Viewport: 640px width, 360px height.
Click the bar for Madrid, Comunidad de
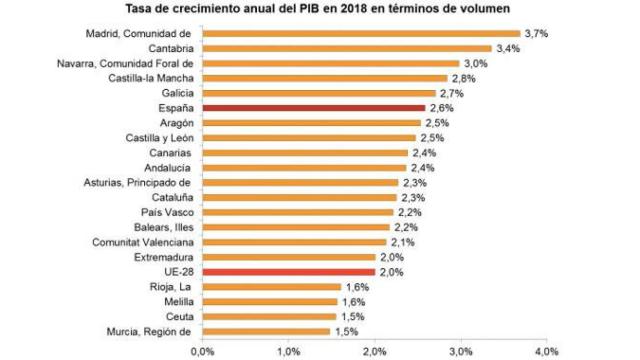[x=360, y=33]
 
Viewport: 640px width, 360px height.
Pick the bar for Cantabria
[x=347, y=48]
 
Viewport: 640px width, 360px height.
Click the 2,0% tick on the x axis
[x=375, y=350]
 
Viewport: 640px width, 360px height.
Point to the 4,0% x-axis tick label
[x=546, y=350]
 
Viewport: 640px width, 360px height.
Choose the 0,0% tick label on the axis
[x=203, y=350]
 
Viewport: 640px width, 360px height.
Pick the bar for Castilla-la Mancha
[x=324, y=78]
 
